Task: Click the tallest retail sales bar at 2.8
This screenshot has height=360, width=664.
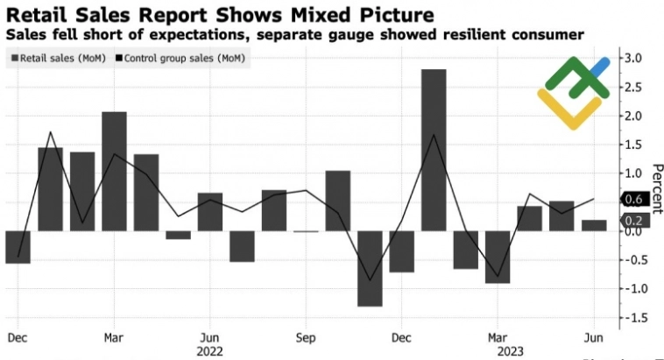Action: [x=434, y=149]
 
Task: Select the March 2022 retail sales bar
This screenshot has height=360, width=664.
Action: [x=114, y=171]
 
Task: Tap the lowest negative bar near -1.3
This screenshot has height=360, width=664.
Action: [x=370, y=268]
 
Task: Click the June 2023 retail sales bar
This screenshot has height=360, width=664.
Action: [x=594, y=225]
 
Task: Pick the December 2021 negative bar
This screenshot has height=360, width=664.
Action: [x=18, y=246]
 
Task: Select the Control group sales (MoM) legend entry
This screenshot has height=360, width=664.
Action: [x=182, y=59]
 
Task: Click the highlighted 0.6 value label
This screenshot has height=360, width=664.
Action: [x=633, y=200]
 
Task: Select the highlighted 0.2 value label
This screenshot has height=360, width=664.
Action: [x=633, y=222]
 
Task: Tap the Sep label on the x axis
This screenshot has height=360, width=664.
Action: [x=305, y=336]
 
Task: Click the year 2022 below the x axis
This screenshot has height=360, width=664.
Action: [x=210, y=350]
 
